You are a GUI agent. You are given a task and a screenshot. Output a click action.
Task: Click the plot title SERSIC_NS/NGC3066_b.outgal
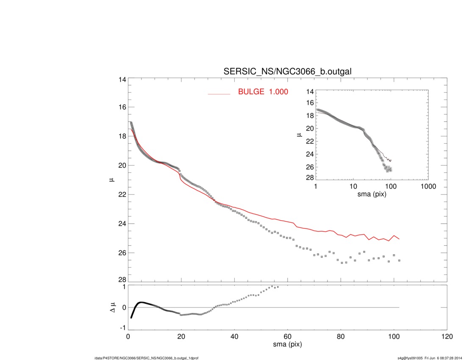[x=287, y=72]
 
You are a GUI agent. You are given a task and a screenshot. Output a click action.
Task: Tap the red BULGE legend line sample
[x=219, y=94]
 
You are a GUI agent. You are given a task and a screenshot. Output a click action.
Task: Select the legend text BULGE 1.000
[x=263, y=91]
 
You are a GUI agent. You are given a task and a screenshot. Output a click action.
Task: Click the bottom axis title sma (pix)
[x=287, y=345]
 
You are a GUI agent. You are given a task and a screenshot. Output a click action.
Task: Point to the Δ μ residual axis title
[x=112, y=307]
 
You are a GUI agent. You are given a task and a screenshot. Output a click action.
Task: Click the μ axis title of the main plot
[x=112, y=180]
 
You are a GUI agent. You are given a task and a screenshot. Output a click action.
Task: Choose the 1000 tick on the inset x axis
[x=428, y=186]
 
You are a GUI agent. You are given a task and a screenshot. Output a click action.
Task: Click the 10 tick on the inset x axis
[x=353, y=186]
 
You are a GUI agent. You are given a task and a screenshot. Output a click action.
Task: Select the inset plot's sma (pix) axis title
[x=372, y=194]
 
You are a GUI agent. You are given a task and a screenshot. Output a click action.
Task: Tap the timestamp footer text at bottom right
[x=429, y=357]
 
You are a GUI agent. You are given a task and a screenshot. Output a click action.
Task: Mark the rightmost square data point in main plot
[x=399, y=261]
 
